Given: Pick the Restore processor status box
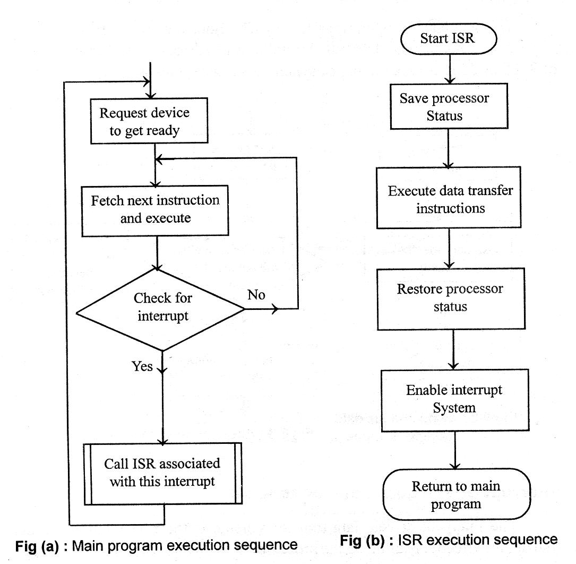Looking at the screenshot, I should point(450,298).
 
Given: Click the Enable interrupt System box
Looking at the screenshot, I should point(454,398).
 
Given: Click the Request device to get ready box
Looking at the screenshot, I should point(144,121).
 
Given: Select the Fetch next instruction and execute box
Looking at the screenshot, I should point(155,209).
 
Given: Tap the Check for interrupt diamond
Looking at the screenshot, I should point(161,308).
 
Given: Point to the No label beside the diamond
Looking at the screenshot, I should point(256,295).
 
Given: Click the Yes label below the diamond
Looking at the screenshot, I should point(142,366).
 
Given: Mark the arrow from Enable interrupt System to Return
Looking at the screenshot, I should point(455,449).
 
